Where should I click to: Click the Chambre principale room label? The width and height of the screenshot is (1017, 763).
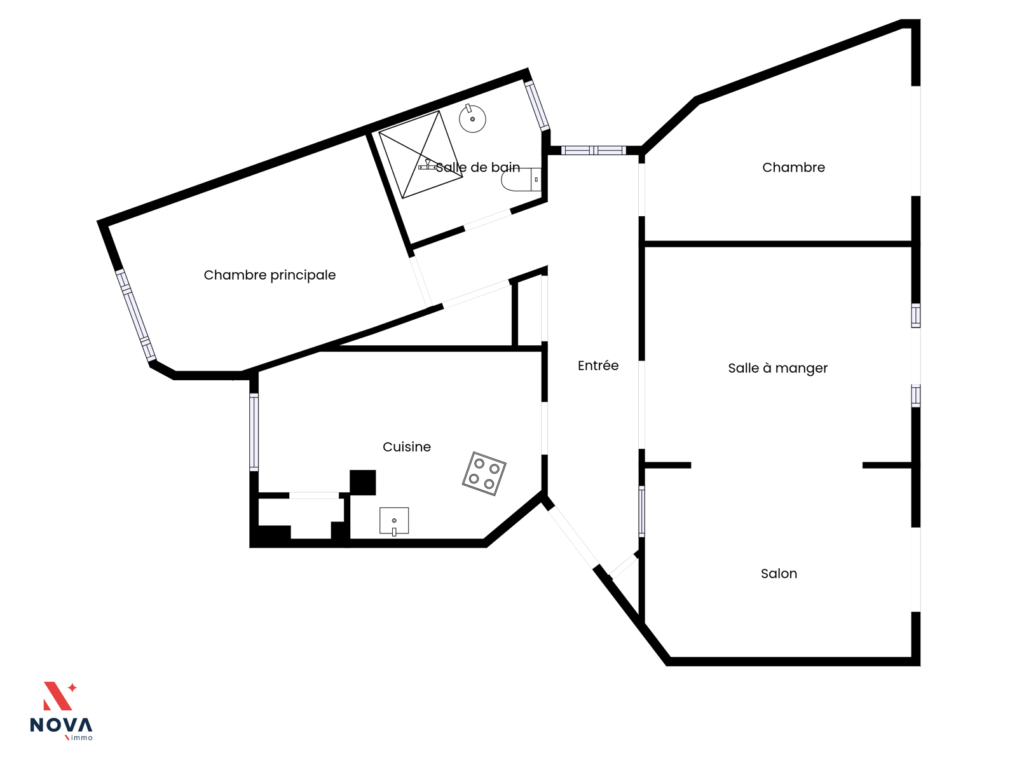click(270, 275)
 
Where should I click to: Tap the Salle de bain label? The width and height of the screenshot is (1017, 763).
click(478, 167)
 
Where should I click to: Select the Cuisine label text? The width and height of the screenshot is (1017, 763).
click(407, 447)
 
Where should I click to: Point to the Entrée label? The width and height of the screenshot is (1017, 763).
click(598, 366)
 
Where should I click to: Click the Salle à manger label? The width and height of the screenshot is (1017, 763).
click(777, 368)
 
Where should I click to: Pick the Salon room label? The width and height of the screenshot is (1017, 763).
click(779, 574)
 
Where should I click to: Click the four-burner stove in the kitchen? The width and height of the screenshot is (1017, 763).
click(484, 474)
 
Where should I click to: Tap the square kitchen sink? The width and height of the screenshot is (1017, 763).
click(394, 521)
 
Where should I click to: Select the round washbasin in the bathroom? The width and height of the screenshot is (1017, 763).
click(472, 119)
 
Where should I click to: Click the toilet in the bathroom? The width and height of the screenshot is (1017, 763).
click(521, 179)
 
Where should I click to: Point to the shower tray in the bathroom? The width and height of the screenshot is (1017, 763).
click(421, 155)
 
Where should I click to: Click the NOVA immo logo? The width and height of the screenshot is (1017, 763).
click(61, 711)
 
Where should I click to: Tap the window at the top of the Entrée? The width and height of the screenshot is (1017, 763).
click(594, 151)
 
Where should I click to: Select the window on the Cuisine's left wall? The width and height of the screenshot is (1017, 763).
click(254, 432)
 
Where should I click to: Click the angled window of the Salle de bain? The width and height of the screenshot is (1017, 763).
click(536, 105)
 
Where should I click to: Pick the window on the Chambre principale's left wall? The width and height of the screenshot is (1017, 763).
click(136, 315)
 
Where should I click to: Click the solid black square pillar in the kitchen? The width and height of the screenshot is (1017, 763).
click(363, 483)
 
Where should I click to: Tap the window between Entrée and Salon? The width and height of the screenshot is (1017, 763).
click(642, 512)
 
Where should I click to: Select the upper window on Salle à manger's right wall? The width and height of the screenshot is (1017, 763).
click(915, 315)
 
